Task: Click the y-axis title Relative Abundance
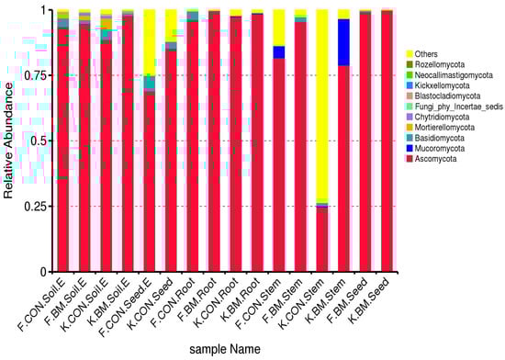tap(8, 141)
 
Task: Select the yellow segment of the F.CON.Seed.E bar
tap(149, 41)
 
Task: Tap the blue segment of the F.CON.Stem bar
tap(279, 52)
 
